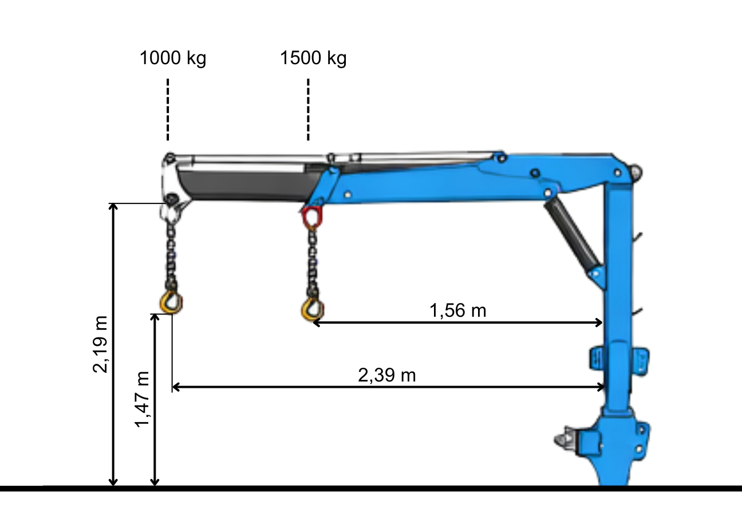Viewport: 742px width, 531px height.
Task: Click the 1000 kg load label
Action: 172,58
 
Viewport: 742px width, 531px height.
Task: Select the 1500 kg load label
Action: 313,58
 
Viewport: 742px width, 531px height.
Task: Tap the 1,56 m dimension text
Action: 457,310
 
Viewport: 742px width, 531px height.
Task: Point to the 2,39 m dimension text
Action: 386,376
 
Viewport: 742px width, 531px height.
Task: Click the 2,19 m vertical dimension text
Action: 101,344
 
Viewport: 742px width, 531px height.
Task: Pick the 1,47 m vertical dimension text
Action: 142,399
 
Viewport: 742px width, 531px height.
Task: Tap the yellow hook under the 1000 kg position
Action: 171,302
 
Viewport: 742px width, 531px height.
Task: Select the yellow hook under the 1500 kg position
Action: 311,309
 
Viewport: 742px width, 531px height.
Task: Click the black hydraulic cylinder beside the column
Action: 573,235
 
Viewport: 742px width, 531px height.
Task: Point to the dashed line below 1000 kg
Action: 168,109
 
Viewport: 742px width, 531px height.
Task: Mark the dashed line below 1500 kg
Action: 308,109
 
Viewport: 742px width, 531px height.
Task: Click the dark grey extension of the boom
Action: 246,183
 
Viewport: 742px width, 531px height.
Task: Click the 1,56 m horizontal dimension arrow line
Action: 458,323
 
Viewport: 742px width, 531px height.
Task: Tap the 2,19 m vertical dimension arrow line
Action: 113,344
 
